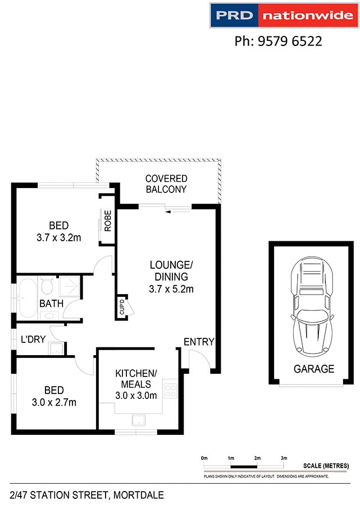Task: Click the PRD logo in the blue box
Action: pyautogui.click(x=235, y=16)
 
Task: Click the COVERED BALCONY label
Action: pyautogui.click(x=166, y=184)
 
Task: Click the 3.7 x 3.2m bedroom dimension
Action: pyautogui.click(x=58, y=237)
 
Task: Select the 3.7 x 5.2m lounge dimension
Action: pyautogui.click(x=171, y=290)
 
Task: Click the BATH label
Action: pyautogui.click(x=51, y=304)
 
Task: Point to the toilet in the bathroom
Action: pyautogui.click(x=47, y=287)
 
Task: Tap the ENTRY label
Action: pyautogui.click(x=199, y=342)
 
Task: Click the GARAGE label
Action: pyautogui.click(x=314, y=369)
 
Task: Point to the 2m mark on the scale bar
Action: pyautogui.click(x=257, y=458)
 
